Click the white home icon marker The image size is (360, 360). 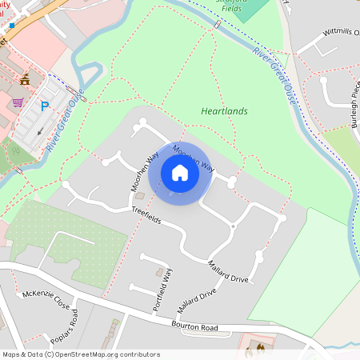[180, 173]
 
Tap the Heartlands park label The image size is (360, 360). [224, 111]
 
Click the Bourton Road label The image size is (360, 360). [194, 326]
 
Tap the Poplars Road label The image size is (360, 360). [64, 328]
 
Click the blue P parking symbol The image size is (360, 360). [46, 105]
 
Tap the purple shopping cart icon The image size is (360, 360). [18, 102]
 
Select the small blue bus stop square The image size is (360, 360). [11, 26]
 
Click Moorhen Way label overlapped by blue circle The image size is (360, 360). [194, 159]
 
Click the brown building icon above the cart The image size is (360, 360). [25, 78]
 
